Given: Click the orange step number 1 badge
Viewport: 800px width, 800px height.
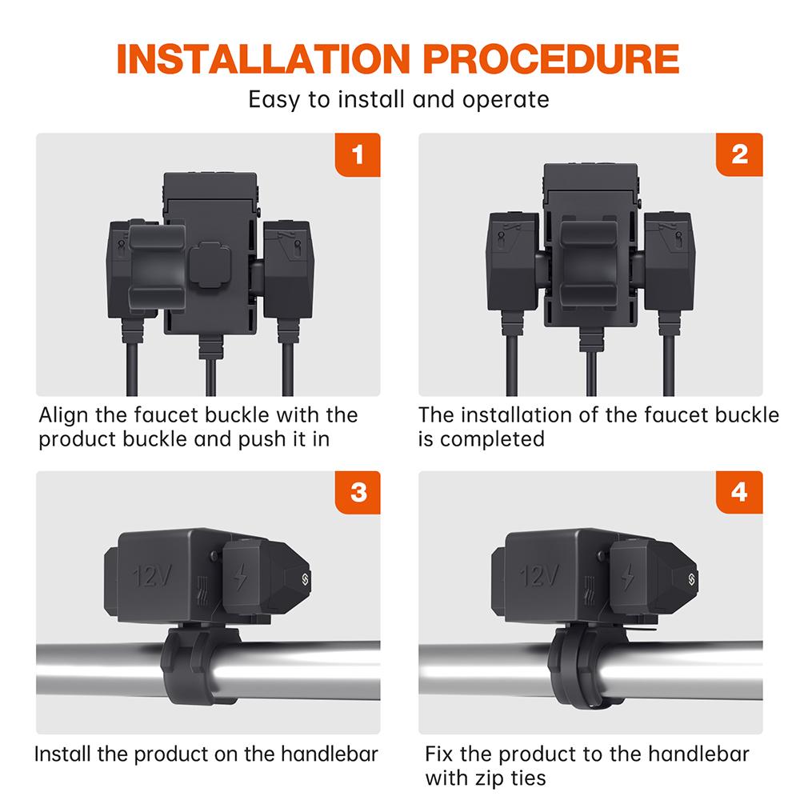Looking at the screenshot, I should point(357,154).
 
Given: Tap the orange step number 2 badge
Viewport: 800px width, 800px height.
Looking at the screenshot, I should point(739,154).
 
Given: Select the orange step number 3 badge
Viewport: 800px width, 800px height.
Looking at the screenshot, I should point(357,492).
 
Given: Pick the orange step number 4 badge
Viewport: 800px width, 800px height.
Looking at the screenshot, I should point(739,492).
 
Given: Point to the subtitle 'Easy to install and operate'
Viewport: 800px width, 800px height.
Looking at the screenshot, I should point(398,99).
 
